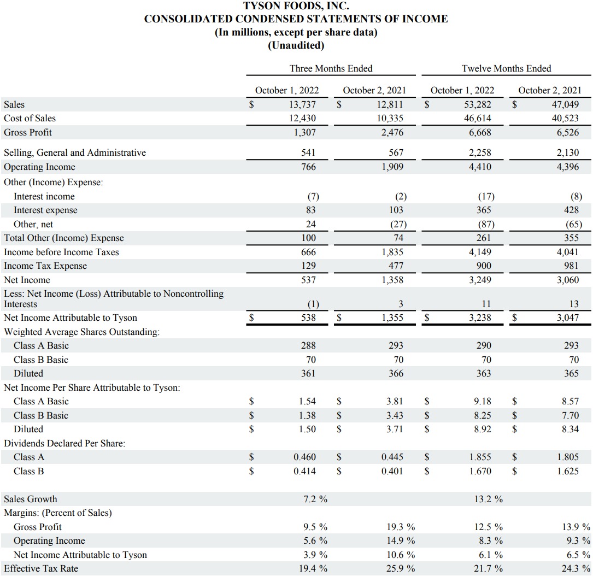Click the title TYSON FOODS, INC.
(x=296, y=7)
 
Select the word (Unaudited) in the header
(x=296, y=45)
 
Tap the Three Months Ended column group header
(x=331, y=68)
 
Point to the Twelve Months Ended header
(x=506, y=68)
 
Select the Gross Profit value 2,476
(x=391, y=132)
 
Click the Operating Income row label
(x=39, y=167)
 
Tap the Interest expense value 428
(x=573, y=210)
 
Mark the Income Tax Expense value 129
(x=308, y=266)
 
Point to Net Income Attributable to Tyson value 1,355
(x=391, y=318)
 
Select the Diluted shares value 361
(x=308, y=373)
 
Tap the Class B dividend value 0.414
(x=304, y=471)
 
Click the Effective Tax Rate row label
(x=41, y=568)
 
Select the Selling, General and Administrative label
(x=75, y=153)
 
